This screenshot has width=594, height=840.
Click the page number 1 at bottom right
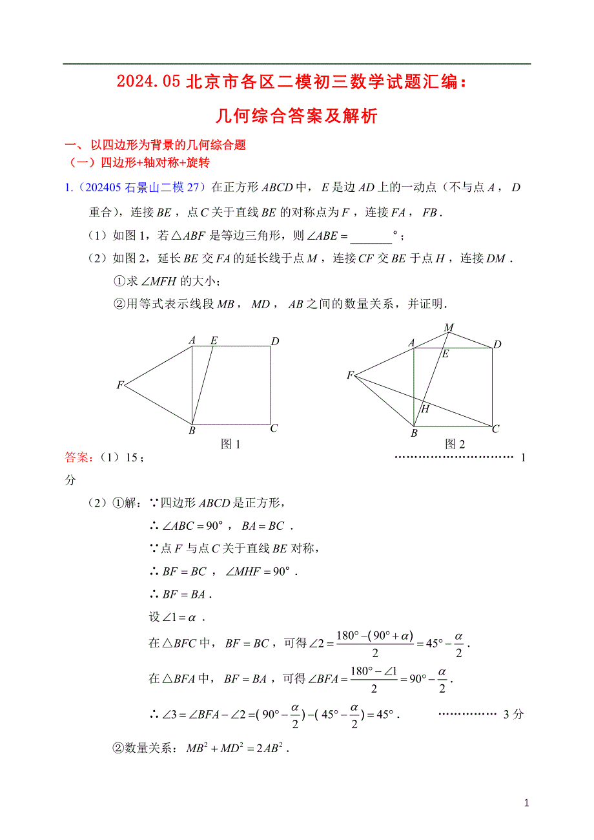point(527,803)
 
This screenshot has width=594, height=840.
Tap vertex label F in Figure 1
point(119,385)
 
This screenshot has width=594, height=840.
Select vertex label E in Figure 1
point(214,340)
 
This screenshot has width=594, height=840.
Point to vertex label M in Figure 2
point(449,328)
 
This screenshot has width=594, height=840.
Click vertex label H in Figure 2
point(425,409)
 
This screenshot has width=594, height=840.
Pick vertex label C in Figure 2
point(496,428)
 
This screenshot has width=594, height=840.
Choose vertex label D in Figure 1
point(275,341)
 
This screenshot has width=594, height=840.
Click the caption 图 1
point(230,444)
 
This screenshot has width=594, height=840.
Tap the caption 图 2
point(455,444)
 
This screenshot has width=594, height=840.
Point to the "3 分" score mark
point(513,714)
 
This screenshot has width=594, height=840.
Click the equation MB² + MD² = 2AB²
point(237,749)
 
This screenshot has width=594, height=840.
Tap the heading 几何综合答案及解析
point(296,116)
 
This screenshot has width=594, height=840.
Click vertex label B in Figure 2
point(414,432)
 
